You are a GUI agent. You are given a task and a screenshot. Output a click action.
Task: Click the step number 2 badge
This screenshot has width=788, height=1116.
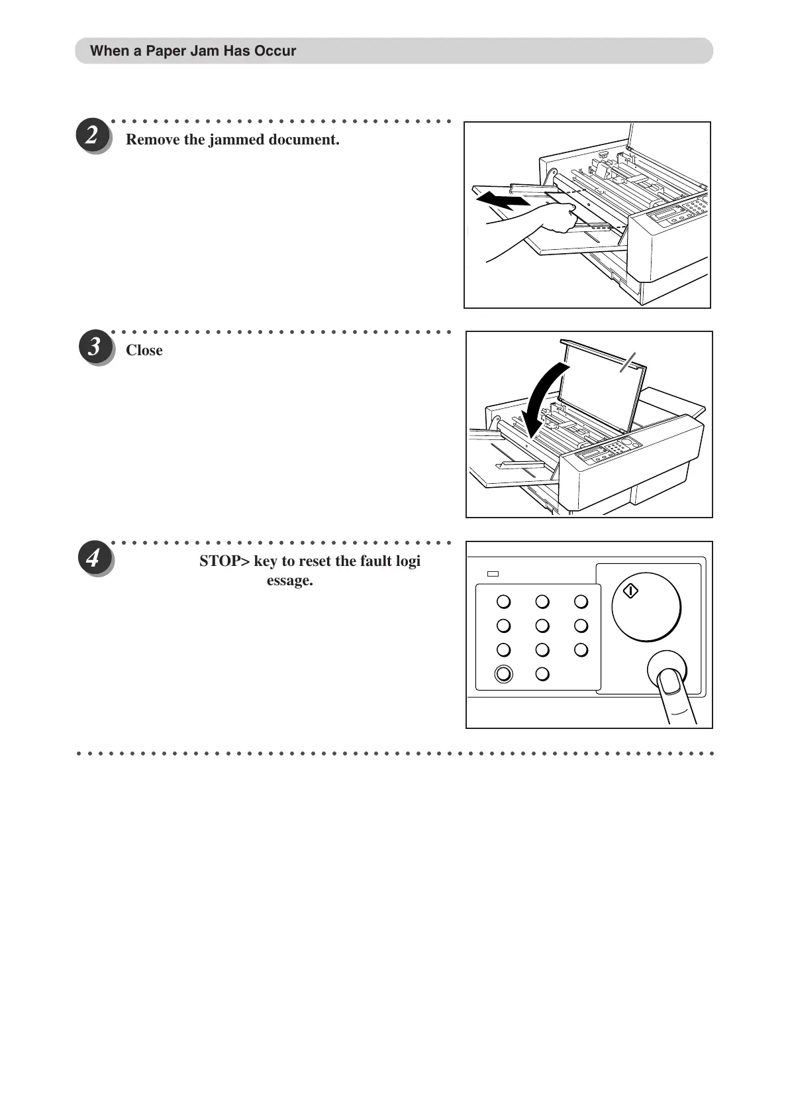(92, 135)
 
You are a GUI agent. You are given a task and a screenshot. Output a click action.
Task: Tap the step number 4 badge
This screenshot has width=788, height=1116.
(93, 557)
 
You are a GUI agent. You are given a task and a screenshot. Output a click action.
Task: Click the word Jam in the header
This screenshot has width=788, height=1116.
(204, 51)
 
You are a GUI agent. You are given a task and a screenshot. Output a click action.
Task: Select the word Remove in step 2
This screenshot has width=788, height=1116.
(148, 140)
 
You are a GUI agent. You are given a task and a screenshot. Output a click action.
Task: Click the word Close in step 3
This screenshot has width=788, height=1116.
(144, 351)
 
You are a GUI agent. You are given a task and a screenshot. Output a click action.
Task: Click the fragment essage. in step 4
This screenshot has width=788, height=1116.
(290, 581)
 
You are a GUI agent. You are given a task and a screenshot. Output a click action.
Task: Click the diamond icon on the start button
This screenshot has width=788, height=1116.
(631, 590)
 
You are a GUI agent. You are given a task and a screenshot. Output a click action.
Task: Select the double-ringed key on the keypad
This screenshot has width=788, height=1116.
(503, 674)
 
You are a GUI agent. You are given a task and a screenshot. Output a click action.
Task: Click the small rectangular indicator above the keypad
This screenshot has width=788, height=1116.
(493, 574)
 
